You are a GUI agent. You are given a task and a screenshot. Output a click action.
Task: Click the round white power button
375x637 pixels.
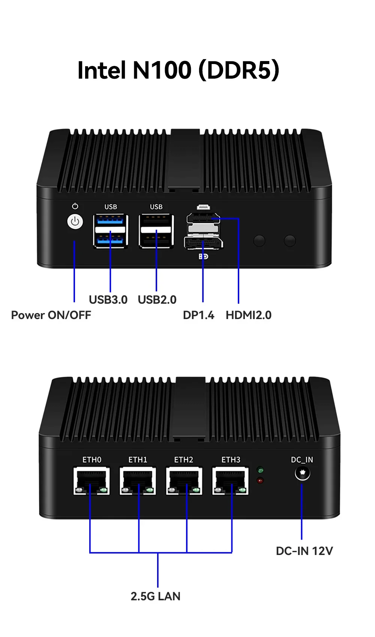coord(75,222)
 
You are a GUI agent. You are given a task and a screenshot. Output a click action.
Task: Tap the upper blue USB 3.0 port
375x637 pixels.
coord(111,220)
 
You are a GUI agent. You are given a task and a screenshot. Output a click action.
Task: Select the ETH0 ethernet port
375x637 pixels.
coord(91,481)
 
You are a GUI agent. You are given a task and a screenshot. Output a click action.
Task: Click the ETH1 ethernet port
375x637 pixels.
coord(138,481)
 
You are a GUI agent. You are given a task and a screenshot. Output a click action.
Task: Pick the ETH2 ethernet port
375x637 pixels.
coord(184,481)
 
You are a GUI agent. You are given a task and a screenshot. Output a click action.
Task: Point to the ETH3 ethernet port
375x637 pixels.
coord(230,481)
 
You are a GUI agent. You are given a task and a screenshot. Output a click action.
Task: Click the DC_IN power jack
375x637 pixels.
coord(302,473)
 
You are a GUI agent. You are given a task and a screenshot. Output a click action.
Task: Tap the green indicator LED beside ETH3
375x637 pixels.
coord(260,470)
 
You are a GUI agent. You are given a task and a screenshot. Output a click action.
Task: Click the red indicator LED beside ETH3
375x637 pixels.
coord(260,480)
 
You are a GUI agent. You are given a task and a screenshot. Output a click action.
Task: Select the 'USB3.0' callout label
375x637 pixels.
coord(108,300)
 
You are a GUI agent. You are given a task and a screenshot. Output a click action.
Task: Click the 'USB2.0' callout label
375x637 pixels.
coord(157,300)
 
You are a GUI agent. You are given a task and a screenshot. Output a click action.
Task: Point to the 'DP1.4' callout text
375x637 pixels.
coord(198,315)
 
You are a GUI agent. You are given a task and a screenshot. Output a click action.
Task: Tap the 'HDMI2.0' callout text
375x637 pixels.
coord(249,315)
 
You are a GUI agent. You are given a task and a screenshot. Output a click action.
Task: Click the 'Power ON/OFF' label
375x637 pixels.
coord(51,315)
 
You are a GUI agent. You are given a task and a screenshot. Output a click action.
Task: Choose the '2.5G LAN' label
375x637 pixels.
coord(156,596)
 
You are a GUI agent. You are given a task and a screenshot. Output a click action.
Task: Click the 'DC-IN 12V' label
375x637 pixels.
coord(304,551)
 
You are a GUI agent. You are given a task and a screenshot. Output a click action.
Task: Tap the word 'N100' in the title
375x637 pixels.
coord(162,70)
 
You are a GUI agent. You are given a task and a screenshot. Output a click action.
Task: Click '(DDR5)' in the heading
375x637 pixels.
coord(239,70)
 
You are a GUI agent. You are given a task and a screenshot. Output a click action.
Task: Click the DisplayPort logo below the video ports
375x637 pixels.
coord(203,257)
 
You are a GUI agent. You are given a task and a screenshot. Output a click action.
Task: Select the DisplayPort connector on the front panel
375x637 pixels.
coord(203,243)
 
